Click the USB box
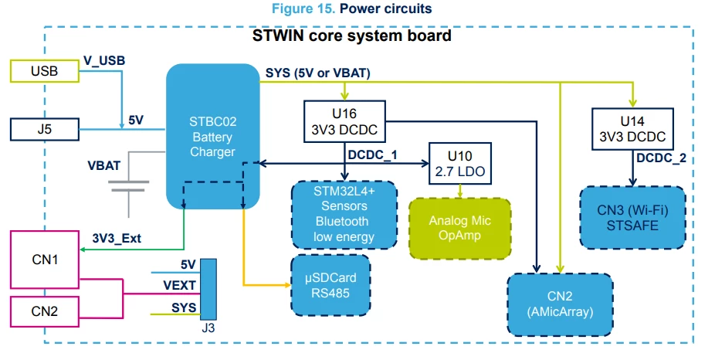[x=45, y=71]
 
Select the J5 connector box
[x=45, y=129]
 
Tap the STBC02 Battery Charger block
[x=212, y=137]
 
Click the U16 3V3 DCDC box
[x=344, y=121]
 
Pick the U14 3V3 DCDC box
[x=632, y=129]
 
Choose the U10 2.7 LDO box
[x=460, y=163]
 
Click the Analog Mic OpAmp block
[x=460, y=228]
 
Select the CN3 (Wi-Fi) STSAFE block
[x=632, y=217]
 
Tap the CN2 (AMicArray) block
[x=560, y=304]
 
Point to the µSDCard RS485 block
[x=330, y=285]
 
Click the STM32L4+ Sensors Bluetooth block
[x=344, y=215]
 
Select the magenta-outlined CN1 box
[x=45, y=260]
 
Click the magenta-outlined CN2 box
[x=45, y=311]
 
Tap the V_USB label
[x=104, y=61]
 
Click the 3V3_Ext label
[x=117, y=238]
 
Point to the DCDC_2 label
[x=661, y=158]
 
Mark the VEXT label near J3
[x=179, y=285]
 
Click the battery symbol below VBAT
[x=129, y=185]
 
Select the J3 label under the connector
[x=208, y=328]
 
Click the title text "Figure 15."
[x=303, y=8]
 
